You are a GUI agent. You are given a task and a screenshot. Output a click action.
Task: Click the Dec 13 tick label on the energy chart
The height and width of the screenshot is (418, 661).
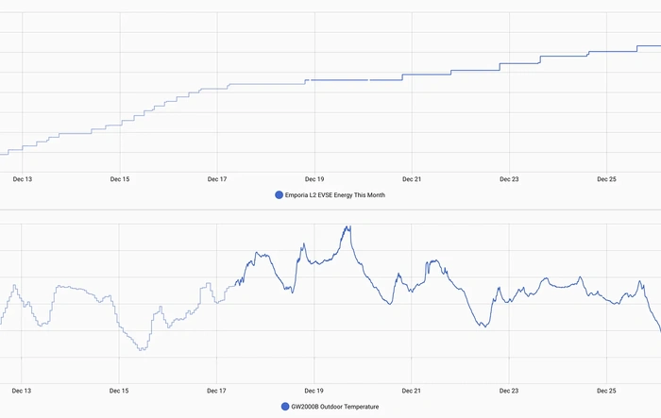click(22, 178)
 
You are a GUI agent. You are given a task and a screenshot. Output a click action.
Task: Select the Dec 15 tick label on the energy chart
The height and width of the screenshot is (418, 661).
click(120, 178)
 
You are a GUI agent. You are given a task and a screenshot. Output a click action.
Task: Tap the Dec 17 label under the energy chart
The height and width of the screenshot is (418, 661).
click(217, 178)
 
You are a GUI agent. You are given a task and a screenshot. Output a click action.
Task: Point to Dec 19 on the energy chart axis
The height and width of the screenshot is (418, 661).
click(314, 178)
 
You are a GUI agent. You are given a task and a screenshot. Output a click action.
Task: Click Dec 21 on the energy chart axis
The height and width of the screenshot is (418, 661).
click(412, 178)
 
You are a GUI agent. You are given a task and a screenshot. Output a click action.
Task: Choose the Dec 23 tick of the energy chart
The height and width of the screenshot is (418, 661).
click(509, 178)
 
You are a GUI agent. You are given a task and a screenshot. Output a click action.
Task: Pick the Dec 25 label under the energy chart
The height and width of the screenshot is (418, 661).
click(606, 178)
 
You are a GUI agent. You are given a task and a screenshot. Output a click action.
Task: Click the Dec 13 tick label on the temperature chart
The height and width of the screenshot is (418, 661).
click(22, 390)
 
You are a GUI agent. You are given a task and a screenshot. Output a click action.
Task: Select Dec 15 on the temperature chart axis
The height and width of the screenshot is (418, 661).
click(120, 390)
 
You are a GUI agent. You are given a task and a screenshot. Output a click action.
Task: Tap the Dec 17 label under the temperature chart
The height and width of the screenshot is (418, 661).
click(217, 390)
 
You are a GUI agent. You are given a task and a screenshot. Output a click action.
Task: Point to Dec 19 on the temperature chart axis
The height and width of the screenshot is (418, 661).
click(314, 390)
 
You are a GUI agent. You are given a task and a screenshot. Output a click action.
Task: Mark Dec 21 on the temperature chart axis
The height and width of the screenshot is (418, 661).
click(412, 390)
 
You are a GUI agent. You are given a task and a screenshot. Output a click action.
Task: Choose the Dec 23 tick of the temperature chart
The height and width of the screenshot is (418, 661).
click(509, 390)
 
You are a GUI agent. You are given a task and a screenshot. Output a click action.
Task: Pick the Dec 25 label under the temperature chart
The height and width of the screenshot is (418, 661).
click(606, 390)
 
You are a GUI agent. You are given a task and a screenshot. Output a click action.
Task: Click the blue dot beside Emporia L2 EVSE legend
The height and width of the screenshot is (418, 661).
click(279, 195)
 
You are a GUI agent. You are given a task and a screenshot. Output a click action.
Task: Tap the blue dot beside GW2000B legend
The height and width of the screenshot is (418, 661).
click(285, 407)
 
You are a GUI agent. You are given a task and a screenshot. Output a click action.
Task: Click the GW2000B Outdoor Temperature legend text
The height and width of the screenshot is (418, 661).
click(335, 407)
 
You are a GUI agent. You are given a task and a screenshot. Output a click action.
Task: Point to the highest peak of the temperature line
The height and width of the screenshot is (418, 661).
click(348, 226)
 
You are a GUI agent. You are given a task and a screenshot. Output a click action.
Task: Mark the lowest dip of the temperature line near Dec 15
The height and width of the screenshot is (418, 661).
click(142, 350)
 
